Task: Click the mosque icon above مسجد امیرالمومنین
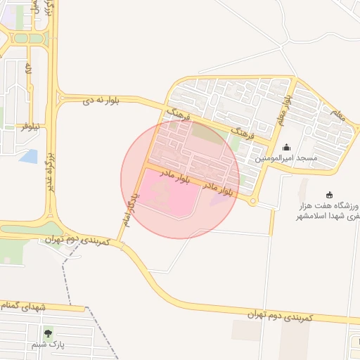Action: pos(287,148)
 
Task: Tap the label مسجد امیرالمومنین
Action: pos(287,158)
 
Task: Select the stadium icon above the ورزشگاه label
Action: pos(329,195)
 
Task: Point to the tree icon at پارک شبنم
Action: pos(48,333)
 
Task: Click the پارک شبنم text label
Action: pos(48,345)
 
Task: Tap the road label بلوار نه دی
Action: pos(101,101)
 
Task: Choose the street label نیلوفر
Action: pos(30,126)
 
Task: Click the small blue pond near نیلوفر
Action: pos(29,156)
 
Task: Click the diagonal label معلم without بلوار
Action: pos(337,115)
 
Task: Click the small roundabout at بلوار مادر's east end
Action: pos(252,202)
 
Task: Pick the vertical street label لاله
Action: pos(29,70)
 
